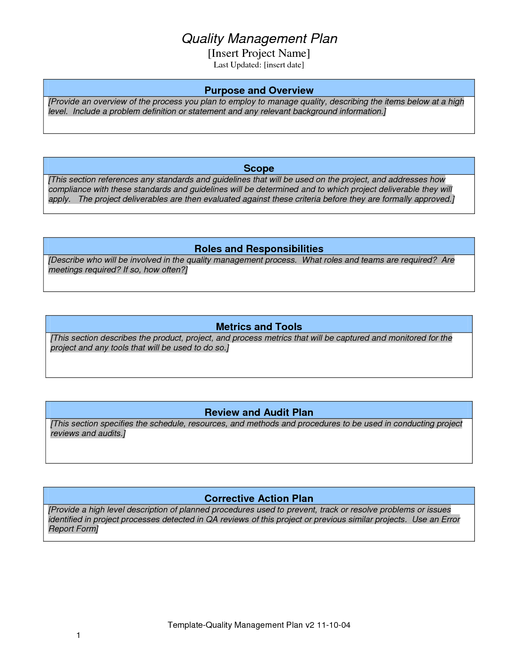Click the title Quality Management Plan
click(x=259, y=39)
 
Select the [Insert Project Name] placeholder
click(x=259, y=53)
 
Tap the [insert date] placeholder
click(x=284, y=65)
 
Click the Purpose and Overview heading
click(x=259, y=90)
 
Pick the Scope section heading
click(x=259, y=168)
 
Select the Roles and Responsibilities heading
click(x=259, y=249)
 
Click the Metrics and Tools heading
click(x=259, y=326)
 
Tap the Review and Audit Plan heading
click(x=259, y=412)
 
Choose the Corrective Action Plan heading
click(x=259, y=498)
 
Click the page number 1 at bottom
click(x=78, y=635)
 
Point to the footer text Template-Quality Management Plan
click(x=235, y=625)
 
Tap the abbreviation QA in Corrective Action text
click(x=212, y=519)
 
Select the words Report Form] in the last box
click(x=74, y=529)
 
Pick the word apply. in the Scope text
click(x=59, y=199)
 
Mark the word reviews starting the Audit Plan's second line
click(x=65, y=434)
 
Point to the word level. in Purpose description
click(x=58, y=112)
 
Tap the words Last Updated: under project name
click(x=237, y=65)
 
